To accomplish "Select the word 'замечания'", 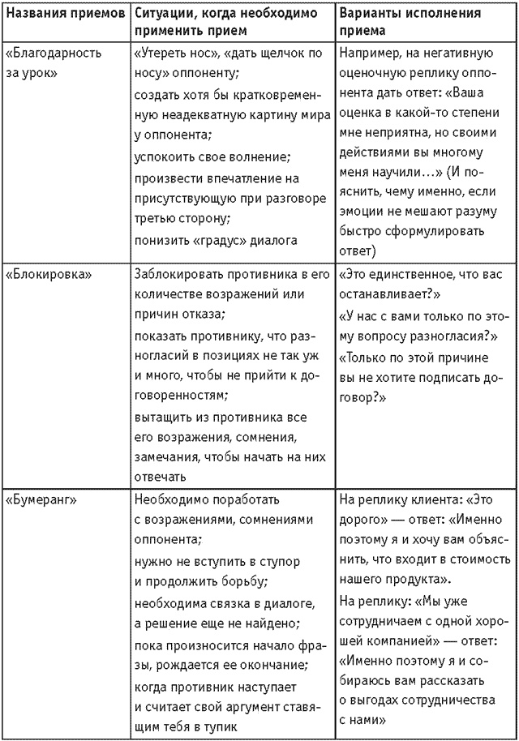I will click(164, 458).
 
